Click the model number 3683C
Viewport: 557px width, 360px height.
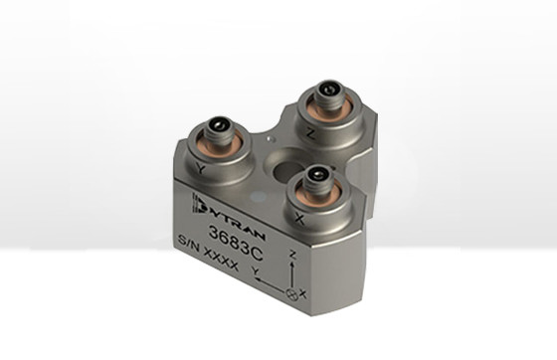(236, 243)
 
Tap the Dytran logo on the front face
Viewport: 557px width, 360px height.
(228, 217)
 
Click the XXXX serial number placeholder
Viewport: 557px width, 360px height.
(221, 259)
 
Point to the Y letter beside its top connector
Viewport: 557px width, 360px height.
(201, 168)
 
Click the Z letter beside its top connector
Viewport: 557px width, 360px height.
(310, 134)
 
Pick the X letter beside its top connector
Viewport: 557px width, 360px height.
(299, 220)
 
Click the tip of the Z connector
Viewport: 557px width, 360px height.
(327, 90)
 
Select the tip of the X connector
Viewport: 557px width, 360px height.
(317, 175)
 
